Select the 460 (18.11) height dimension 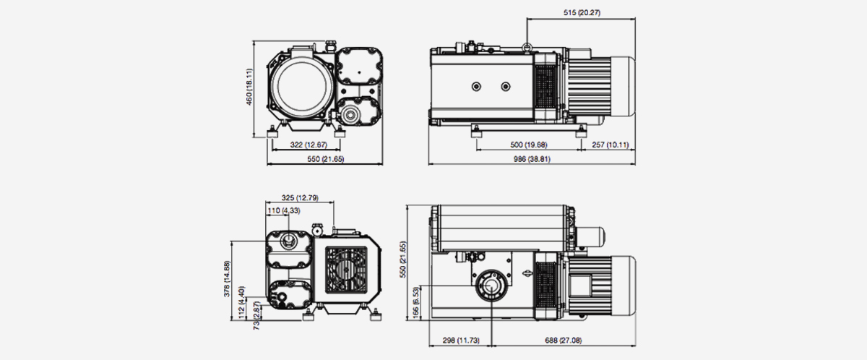click(249, 87)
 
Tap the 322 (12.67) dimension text click(303, 145)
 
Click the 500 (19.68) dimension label click(529, 145)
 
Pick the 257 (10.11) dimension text click(610, 145)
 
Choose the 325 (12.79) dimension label click(298, 197)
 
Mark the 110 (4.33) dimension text click(284, 211)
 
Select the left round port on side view click(476, 87)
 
